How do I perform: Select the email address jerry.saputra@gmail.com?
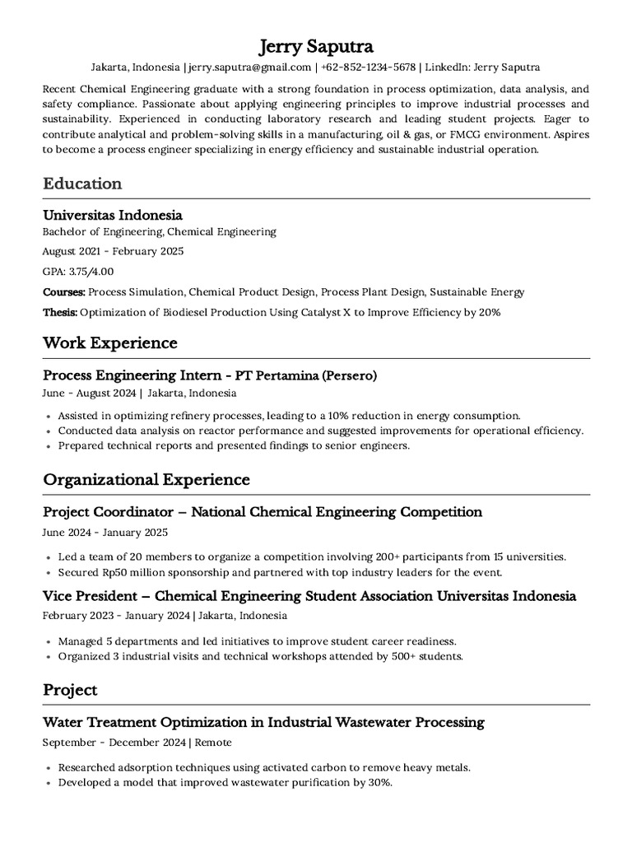point(250,67)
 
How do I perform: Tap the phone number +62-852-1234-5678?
point(368,67)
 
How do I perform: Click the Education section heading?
point(82,184)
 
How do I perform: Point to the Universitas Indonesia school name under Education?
point(113,215)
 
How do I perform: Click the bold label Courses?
point(64,292)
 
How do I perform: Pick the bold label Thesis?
point(60,313)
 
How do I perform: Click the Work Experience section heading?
point(110,342)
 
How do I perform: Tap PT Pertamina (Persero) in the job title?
point(306,375)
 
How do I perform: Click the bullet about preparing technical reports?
point(234,445)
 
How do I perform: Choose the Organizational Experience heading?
point(146,479)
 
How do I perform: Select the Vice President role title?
point(93,595)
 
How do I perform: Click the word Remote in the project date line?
point(213,743)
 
